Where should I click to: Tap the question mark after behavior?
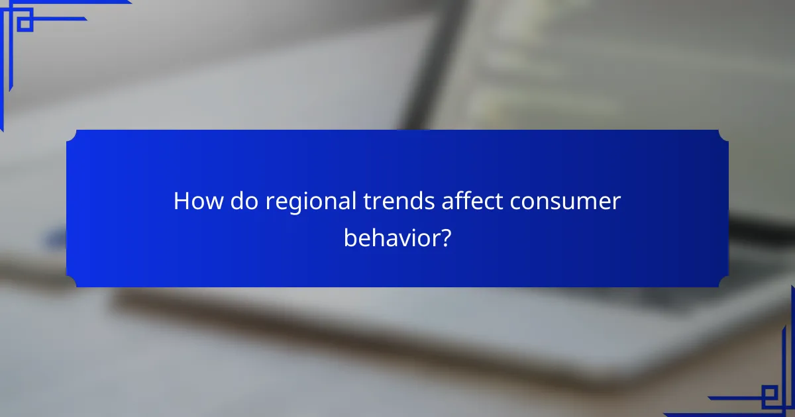tap(446, 237)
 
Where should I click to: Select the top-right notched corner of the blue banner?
tap(723, 135)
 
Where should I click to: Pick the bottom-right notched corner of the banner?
tap(723, 282)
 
